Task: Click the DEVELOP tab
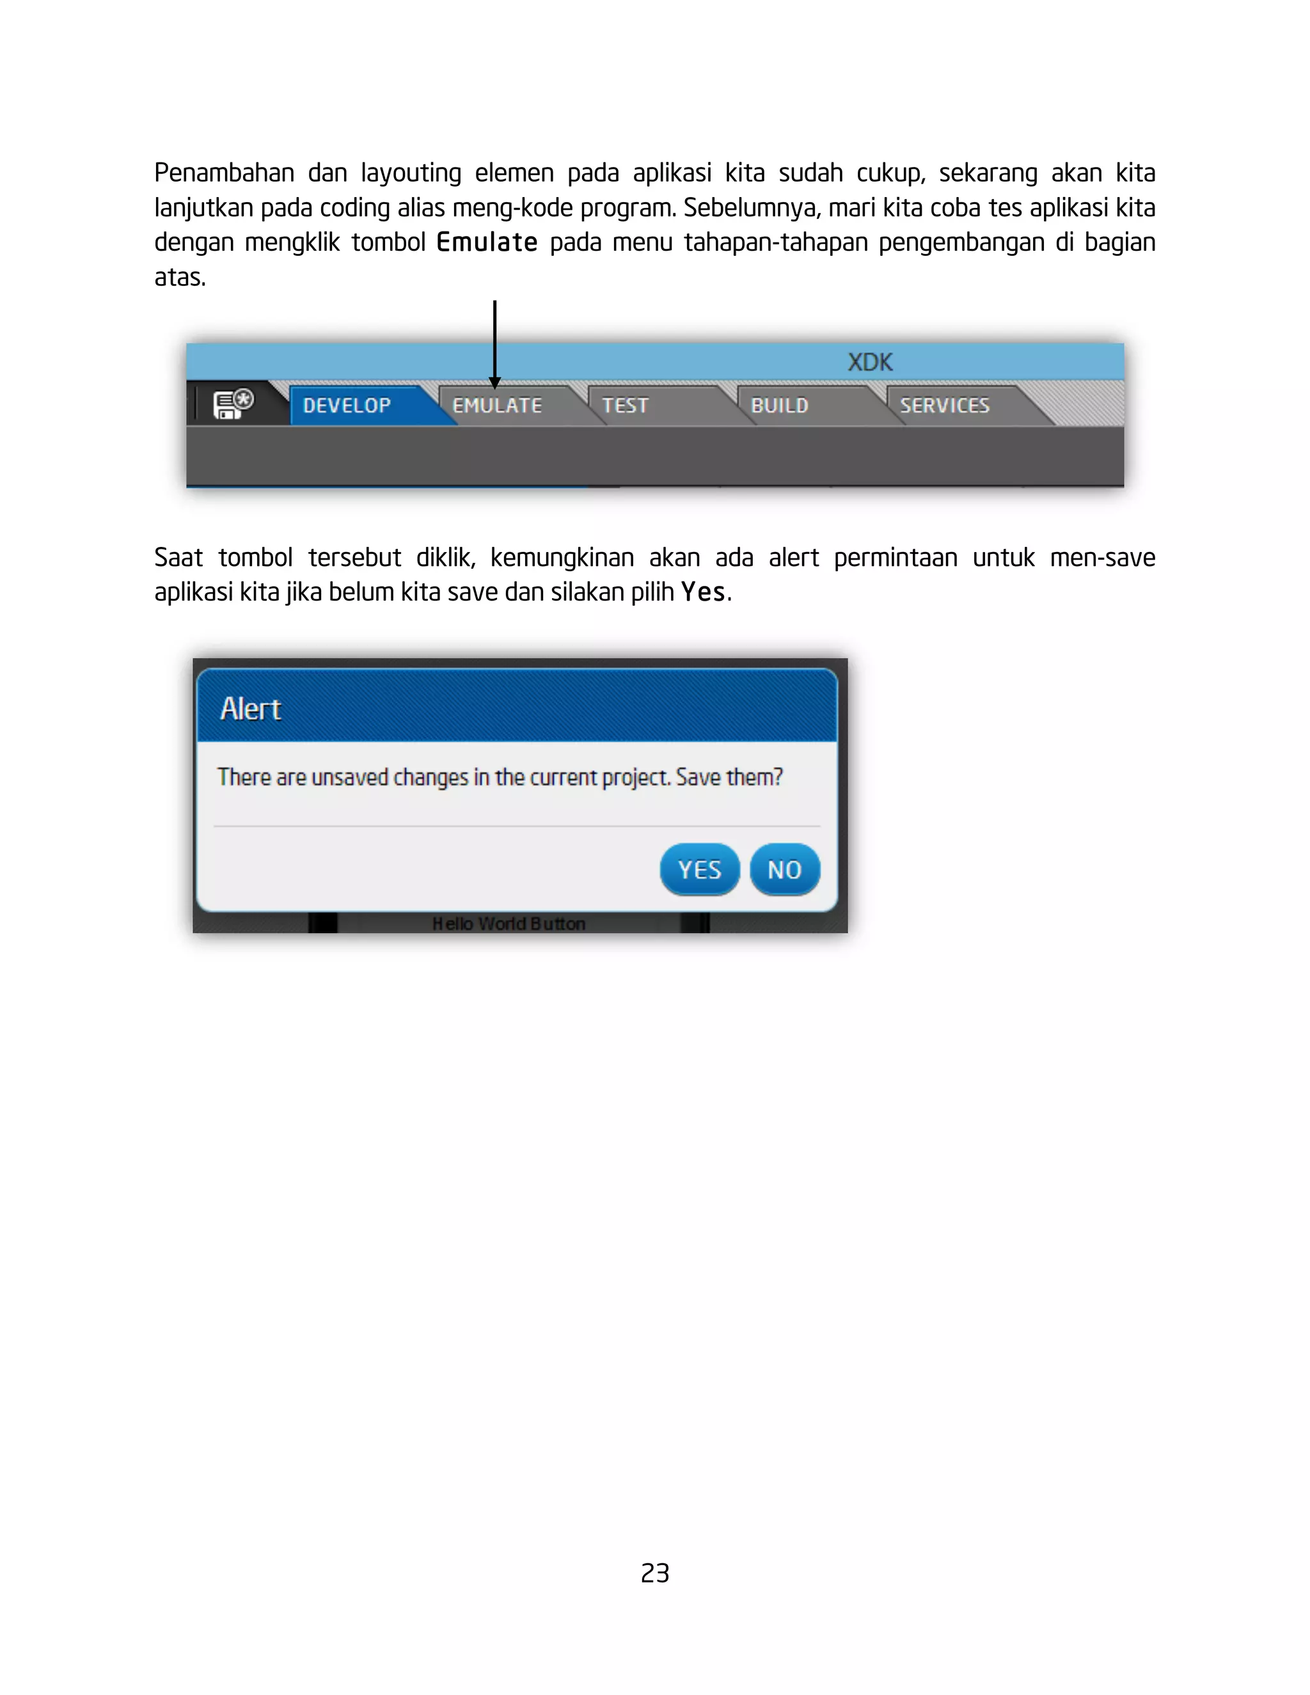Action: click(347, 405)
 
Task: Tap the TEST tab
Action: click(625, 405)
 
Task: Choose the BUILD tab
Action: click(779, 405)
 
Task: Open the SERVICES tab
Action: click(945, 405)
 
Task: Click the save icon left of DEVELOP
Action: click(233, 404)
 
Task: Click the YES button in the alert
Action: click(699, 869)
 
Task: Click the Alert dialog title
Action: click(251, 709)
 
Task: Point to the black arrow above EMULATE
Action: click(494, 342)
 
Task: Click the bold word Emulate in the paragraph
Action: click(487, 242)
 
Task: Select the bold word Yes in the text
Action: click(702, 592)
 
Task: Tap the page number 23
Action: click(655, 1572)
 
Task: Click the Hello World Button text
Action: click(509, 923)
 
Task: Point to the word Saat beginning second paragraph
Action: click(178, 557)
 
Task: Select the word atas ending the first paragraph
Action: click(178, 277)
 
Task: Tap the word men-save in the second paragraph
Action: click(1102, 557)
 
